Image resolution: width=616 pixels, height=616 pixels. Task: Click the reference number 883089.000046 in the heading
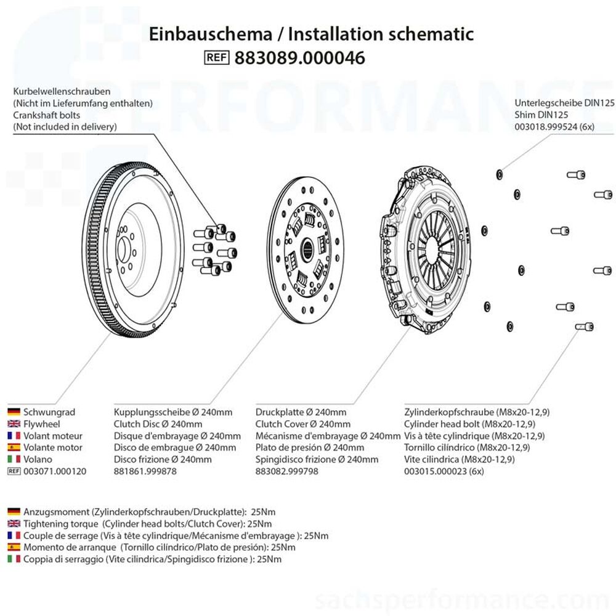click(x=300, y=58)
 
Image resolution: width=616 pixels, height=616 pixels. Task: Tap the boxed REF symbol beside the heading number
click(x=216, y=58)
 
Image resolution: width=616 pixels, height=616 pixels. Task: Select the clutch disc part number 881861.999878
click(x=145, y=471)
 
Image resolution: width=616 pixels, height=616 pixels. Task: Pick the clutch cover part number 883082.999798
click(x=287, y=471)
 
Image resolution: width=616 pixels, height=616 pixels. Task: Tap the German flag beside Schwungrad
click(x=14, y=412)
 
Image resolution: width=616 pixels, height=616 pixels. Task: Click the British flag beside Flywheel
click(x=14, y=424)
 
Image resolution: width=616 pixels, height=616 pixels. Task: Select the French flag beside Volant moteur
click(x=14, y=436)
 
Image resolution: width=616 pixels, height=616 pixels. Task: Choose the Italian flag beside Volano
click(x=14, y=459)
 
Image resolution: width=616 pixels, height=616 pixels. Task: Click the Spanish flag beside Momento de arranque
click(x=14, y=547)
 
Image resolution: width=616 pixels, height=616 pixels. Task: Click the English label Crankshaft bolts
click(x=47, y=115)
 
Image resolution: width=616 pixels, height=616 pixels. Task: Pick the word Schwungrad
click(x=49, y=412)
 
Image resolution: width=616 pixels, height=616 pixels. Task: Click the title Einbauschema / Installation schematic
click(x=312, y=34)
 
